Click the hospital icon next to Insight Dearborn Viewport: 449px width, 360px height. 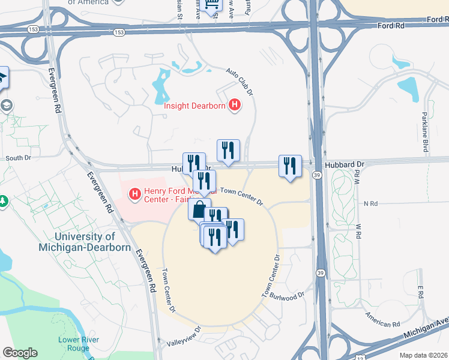click(235, 106)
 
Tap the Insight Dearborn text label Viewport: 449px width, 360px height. click(195, 107)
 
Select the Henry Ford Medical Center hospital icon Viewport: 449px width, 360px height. click(136, 194)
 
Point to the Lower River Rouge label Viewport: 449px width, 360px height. click(79, 343)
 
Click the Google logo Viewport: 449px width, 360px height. click(20, 353)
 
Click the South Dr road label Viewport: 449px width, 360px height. click(18, 158)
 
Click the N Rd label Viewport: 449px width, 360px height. click(370, 204)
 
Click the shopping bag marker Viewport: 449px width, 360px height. click(199, 209)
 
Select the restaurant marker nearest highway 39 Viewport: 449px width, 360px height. click(290, 166)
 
